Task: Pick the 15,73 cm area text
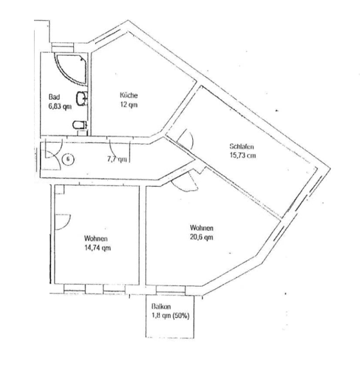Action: (x=242, y=156)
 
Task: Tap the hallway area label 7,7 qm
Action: (x=117, y=159)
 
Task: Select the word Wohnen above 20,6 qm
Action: (x=202, y=228)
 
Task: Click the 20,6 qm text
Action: (x=202, y=237)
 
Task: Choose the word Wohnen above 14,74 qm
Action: (x=96, y=238)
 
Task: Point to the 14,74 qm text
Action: (x=97, y=248)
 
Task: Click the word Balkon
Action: (x=162, y=307)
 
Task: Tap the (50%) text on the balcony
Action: (x=181, y=316)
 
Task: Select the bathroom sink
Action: (x=82, y=99)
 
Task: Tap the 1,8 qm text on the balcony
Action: (x=162, y=316)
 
